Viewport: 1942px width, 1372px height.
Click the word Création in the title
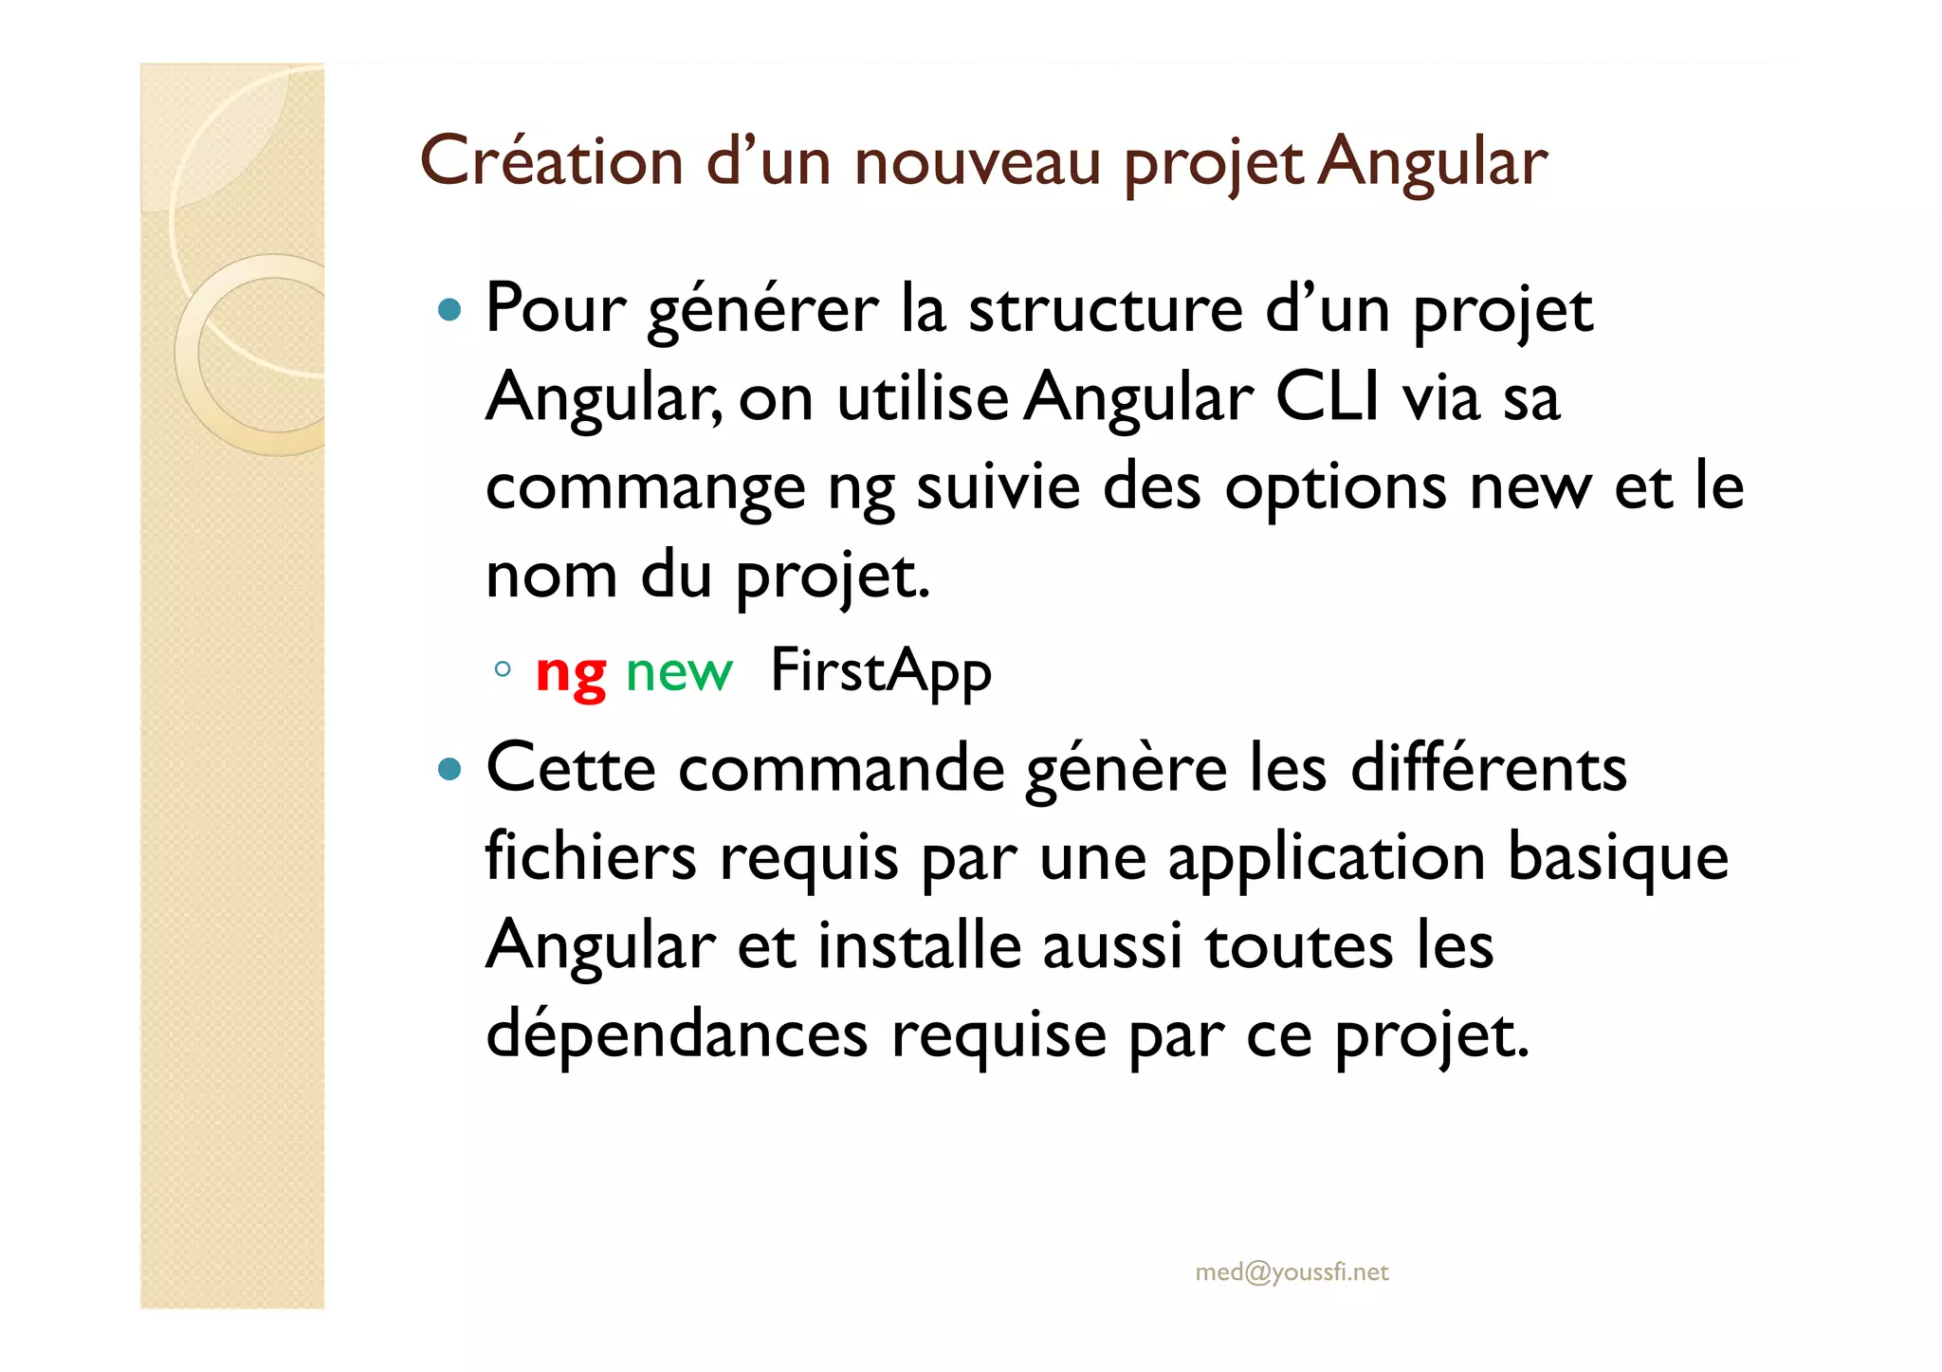[551, 161]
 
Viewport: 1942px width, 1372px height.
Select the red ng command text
[571, 672]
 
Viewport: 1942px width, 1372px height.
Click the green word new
[679, 672]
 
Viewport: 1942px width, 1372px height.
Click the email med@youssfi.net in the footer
[1292, 1271]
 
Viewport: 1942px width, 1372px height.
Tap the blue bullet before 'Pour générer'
[450, 309]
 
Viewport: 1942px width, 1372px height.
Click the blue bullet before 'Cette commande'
[450, 768]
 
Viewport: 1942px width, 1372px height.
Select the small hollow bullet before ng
[503, 669]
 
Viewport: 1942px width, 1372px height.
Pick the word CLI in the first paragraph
[1328, 397]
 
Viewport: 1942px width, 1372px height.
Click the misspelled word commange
[645, 487]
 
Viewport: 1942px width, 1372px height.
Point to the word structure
[1105, 309]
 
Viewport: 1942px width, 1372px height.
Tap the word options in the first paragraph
[1335, 487]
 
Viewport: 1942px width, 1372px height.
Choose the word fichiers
[591, 857]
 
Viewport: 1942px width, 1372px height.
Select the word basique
[1618, 857]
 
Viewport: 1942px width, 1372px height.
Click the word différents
[1488, 768]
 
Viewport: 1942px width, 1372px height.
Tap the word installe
[919, 946]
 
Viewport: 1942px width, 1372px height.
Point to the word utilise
[922, 397]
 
